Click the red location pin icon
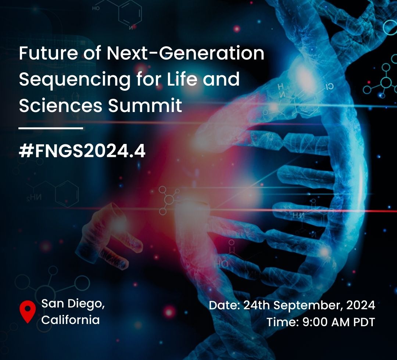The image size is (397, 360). click(28, 311)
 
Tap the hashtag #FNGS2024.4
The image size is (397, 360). click(82, 152)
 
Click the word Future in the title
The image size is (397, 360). click(49, 53)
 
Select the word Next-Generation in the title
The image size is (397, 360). click(185, 53)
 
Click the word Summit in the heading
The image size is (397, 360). click(145, 105)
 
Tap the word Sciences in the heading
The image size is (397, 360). click(61, 105)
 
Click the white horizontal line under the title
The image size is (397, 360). click(51, 128)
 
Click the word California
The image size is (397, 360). click(70, 320)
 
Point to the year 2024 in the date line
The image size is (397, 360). click(361, 305)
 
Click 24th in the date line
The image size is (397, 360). click(257, 305)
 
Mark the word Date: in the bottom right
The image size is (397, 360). click(225, 305)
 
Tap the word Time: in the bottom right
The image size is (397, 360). click(283, 322)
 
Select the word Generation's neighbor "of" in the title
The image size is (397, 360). click(92, 53)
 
